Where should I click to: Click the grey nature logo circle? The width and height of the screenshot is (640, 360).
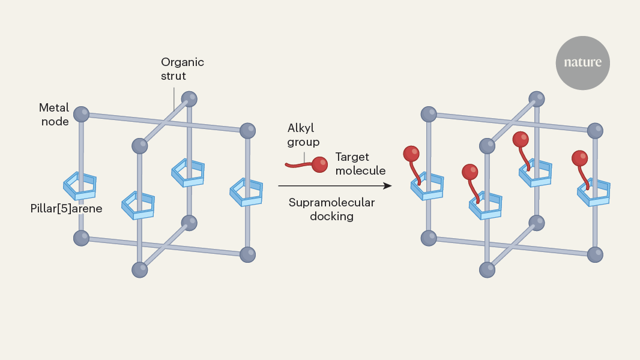coord(582,62)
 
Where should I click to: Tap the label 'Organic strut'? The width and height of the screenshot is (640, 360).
coord(183,69)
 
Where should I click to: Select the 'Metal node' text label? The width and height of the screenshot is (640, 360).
coord(54,115)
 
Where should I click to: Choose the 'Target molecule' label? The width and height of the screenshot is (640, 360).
coord(360,164)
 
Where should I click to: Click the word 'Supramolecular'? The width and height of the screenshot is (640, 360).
coord(331,202)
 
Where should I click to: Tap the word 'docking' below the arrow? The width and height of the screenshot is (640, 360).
coord(331,216)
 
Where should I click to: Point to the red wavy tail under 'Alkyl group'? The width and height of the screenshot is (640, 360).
coord(298,163)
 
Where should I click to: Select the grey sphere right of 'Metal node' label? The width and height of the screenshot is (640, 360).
coord(81,113)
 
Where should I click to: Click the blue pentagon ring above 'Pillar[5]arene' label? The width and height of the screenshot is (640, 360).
coord(80,185)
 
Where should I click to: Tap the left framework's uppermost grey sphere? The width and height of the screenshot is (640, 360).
coord(189,98)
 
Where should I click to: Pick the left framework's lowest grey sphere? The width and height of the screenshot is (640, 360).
coord(139,269)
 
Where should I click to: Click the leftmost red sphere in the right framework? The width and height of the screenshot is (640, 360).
coord(411,154)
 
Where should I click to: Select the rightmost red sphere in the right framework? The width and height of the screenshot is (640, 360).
coord(579,158)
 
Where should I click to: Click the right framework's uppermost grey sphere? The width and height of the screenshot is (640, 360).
coord(536,98)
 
